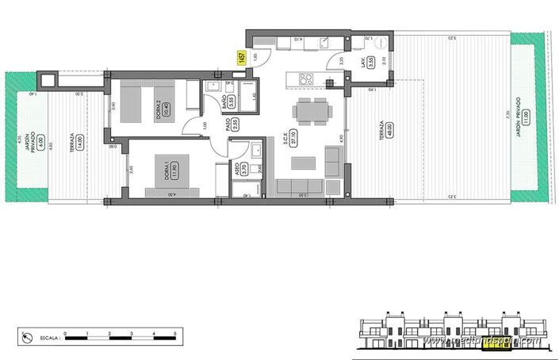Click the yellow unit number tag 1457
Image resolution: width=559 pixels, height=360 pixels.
[241, 58]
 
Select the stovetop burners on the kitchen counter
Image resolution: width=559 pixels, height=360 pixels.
[304, 79]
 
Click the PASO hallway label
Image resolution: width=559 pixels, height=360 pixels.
[227, 124]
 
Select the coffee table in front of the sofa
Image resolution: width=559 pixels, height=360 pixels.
[302, 164]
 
